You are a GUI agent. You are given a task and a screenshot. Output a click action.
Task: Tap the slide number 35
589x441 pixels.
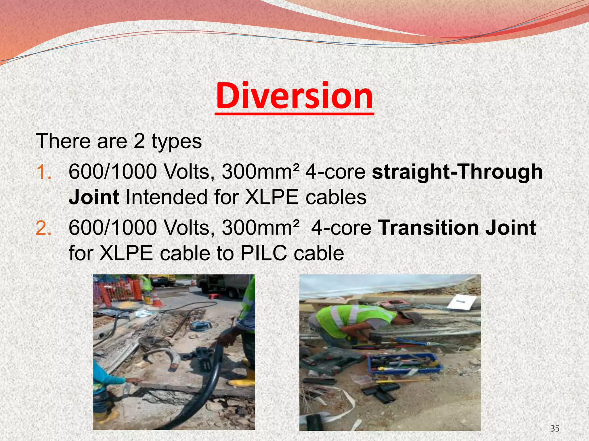[555, 429]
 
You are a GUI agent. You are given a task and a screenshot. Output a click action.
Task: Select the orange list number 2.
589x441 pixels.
[43, 227]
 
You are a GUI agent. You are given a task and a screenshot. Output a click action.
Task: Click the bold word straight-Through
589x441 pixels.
[457, 172]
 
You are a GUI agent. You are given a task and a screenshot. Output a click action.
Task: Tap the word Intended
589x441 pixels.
[167, 198]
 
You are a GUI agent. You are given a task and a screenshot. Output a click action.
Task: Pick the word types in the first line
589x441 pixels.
[177, 141]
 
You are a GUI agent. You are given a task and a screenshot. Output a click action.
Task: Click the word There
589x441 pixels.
[64, 141]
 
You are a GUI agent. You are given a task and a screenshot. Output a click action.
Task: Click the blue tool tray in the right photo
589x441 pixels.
[405, 363]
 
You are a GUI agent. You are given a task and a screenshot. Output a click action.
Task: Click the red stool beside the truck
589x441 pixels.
[213, 296]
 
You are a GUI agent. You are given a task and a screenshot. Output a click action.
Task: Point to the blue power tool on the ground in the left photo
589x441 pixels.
[201, 325]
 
